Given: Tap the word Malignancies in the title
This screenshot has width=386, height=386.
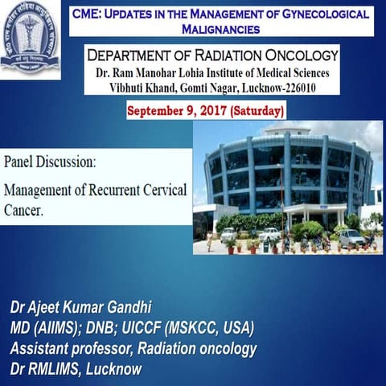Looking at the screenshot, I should pos(219,28).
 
